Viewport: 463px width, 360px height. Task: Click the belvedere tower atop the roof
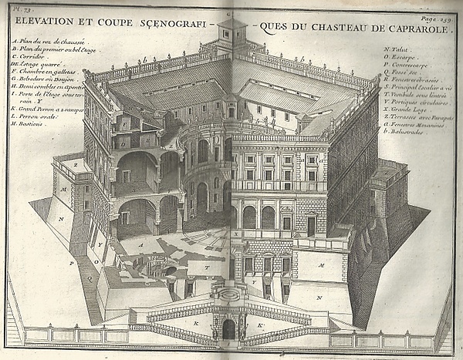pos(231,35)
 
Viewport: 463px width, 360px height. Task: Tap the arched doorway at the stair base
pos(228,329)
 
